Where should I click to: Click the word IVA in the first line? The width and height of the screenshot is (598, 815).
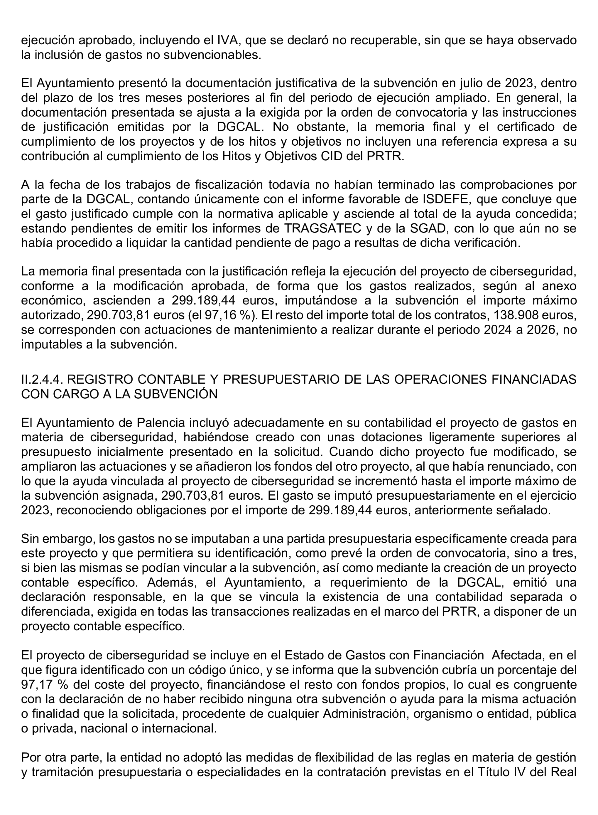pos(228,40)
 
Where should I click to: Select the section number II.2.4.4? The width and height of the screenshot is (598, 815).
pos(42,379)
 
